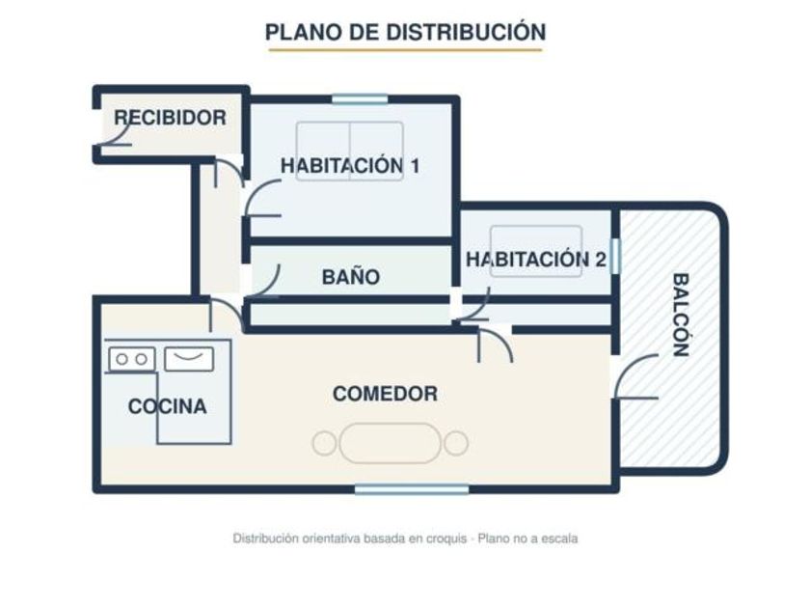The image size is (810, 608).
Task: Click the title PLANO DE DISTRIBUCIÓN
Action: [x=406, y=32]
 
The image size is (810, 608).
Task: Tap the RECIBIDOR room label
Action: [x=170, y=118]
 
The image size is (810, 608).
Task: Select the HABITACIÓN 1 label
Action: [x=350, y=166]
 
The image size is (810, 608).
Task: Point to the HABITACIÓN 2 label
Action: [x=536, y=260]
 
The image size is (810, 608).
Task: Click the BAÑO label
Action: [x=351, y=277]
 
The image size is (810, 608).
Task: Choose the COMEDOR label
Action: [x=386, y=394]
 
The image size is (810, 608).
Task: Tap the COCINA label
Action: [x=168, y=406]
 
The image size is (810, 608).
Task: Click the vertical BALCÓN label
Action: [x=682, y=315]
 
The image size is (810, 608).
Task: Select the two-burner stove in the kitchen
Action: [x=132, y=359]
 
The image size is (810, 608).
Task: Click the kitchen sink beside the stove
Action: [x=189, y=359]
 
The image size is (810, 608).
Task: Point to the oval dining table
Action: [x=390, y=443]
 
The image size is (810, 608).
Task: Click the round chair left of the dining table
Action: [x=324, y=444]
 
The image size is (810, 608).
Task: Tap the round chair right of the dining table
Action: [x=456, y=444]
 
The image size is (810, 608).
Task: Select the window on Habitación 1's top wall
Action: [x=360, y=98]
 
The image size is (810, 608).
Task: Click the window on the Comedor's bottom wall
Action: [x=412, y=489]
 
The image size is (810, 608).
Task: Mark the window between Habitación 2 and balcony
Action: [x=615, y=256]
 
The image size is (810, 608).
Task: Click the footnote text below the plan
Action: [x=405, y=539]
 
